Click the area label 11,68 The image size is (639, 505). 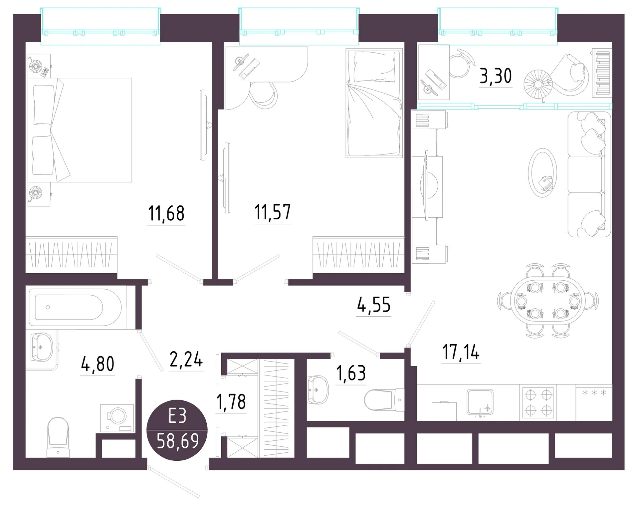pyautogui.click(x=166, y=213)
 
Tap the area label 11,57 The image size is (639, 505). pyautogui.click(x=273, y=212)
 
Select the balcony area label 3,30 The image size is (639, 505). pyautogui.click(x=496, y=76)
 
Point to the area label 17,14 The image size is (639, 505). pyautogui.click(x=461, y=352)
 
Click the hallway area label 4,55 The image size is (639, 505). pyautogui.click(x=374, y=305)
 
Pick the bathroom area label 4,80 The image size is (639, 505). pyautogui.click(x=98, y=364)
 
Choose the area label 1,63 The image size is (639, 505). pyautogui.click(x=351, y=373)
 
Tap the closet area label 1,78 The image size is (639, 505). pyautogui.click(x=231, y=402)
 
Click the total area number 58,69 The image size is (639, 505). pyautogui.click(x=178, y=441)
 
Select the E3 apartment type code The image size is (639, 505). pyautogui.click(x=177, y=416)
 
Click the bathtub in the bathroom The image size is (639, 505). pyautogui.click(x=78, y=307)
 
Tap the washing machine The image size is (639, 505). pyautogui.click(x=117, y=418)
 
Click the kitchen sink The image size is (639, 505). pyautogui.click(x=480, y=402)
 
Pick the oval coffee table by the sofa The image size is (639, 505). pyautogui.click(x=542, y=173)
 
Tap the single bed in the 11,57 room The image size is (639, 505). pyautogui.click(x=374, y=103)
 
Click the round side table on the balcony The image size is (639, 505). pyautogui.click(x=538, y=84)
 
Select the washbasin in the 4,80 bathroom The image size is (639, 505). pyautogui.click(x=42, y=347)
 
